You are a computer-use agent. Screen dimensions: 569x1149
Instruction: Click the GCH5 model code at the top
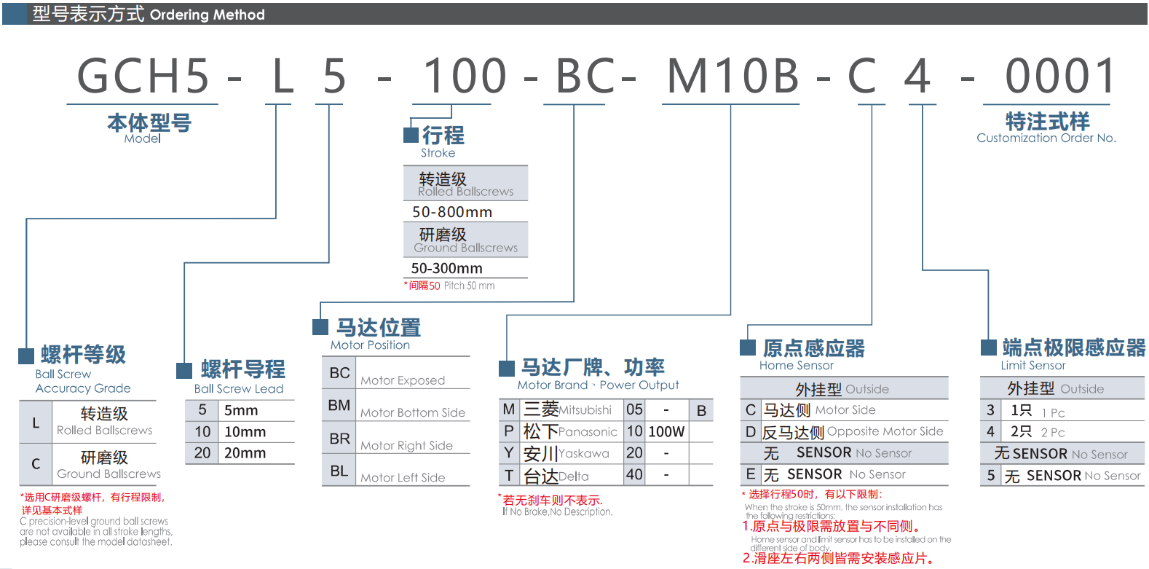point(143,76)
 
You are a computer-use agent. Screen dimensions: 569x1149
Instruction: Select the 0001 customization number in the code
point(1060,76)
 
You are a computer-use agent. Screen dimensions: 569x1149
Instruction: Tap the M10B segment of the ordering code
point(733,76)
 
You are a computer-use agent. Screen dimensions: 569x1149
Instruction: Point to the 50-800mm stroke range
point(452,212)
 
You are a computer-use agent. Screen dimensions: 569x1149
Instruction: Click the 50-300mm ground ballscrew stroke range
point(446,268)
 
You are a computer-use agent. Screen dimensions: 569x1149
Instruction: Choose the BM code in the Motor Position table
point(339,405)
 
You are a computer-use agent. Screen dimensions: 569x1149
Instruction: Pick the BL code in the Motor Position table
point(339,471)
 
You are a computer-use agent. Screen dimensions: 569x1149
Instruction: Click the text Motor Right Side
point(406,446)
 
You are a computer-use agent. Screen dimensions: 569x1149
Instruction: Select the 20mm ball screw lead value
point(245,453)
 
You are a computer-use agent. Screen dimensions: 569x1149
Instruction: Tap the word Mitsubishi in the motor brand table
point(585,410)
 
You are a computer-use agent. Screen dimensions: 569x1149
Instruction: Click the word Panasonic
point(588,432)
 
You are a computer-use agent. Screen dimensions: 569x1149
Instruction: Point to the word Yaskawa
point(584,454)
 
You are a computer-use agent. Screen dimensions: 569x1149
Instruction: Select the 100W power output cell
point(666,432)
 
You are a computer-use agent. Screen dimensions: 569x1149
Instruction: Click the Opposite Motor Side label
point(885,431)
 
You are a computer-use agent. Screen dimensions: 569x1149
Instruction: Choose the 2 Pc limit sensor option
point(1053,433)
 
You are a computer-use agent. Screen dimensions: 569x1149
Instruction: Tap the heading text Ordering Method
point(207,15)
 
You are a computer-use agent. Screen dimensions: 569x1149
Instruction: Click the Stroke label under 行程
point(438,153)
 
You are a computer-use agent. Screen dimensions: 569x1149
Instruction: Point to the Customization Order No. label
point(1046,138)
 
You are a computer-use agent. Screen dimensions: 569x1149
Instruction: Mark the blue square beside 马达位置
point(320,326)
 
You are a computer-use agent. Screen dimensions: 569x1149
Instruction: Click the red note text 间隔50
point(424,286)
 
